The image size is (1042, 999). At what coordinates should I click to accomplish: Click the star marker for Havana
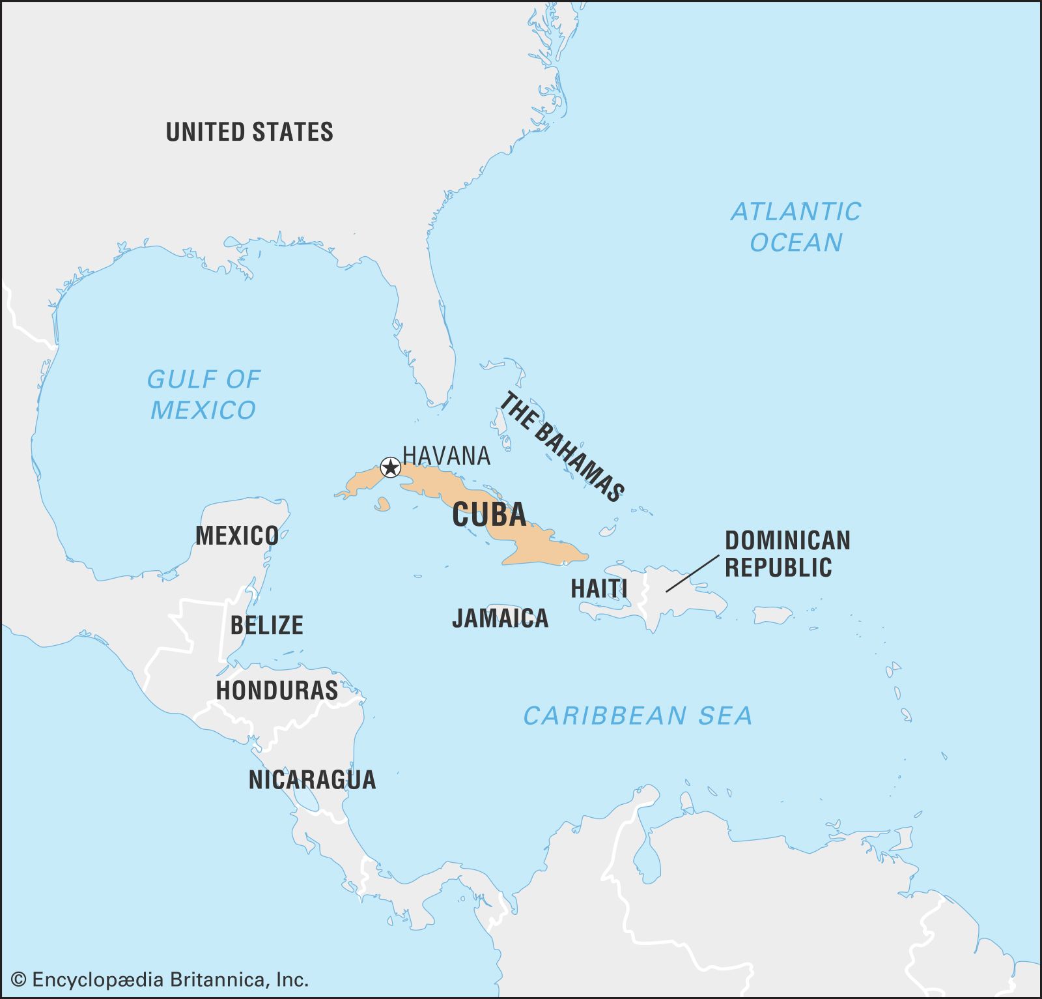(x=390, y=467)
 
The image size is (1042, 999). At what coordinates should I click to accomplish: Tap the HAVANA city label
(x=446, y=456)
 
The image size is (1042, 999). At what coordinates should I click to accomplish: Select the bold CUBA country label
(x=489, y=515)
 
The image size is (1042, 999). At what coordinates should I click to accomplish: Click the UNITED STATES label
(x=249, y=132)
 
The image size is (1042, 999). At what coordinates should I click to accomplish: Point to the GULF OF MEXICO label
(x=203, y=394)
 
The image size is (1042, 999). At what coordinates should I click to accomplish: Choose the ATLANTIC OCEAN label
(x=796, y=227)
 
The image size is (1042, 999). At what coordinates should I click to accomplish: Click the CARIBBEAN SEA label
(x=638, y=716)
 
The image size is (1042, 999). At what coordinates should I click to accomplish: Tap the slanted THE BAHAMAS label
(x=561, y=447)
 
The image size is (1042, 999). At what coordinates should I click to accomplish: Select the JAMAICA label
(x=500, y=618)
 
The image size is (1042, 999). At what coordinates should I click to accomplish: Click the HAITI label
(x=598, y=588)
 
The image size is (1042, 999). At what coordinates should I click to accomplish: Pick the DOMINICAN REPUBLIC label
(x=787, y=554)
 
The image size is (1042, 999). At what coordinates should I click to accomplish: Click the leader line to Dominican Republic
(x=692, y=573)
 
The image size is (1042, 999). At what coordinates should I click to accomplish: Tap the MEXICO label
(x=237, y=536)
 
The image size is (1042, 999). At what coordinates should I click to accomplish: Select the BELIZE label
(x=266, y=625)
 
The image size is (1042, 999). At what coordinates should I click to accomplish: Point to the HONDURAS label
(x=277, y=690)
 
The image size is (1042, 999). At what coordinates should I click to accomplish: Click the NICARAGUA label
(x=312, y=779)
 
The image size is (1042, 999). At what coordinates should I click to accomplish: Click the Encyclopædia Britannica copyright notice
(x=160, y=979)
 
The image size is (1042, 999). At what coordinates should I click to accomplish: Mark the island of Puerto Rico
(x=772, y=615)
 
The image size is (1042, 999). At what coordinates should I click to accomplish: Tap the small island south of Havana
(x=382, y=504)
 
